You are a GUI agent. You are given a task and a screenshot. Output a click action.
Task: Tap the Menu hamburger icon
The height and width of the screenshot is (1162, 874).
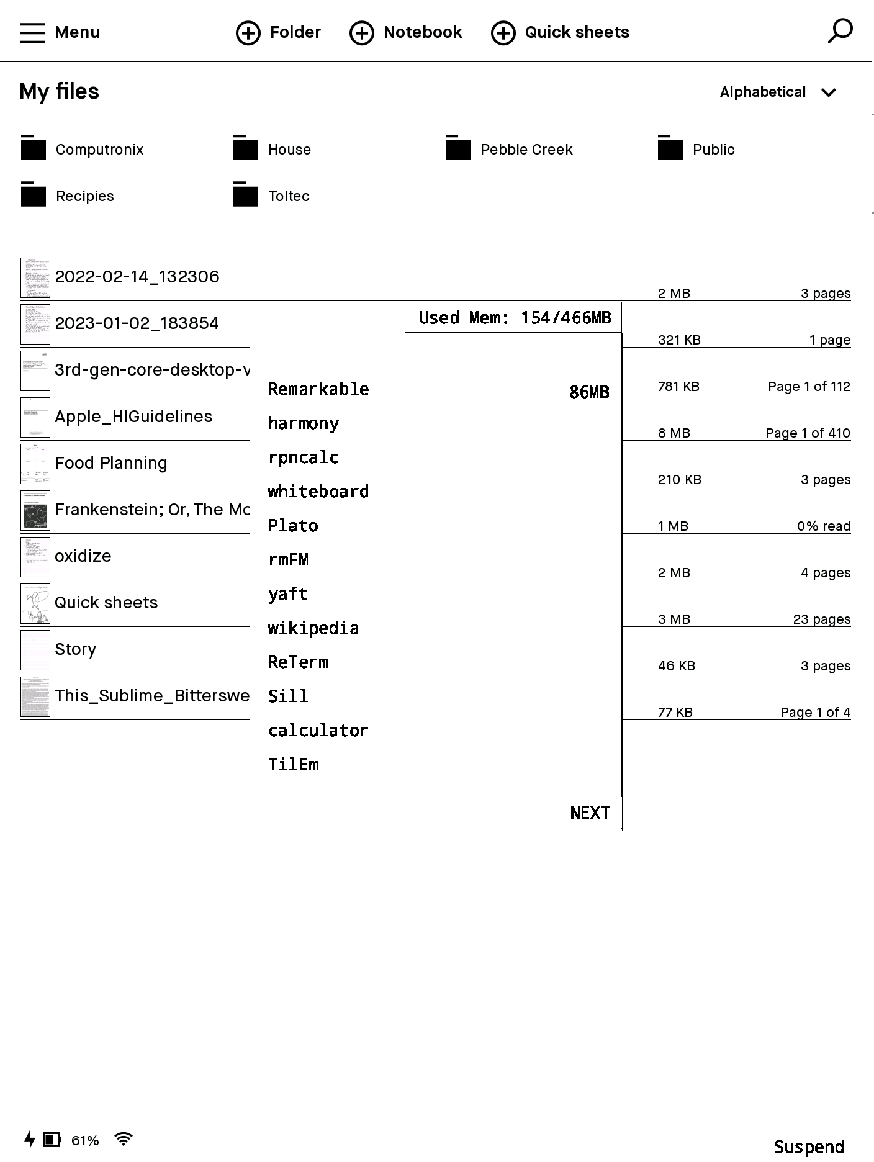click(x=33, y=33)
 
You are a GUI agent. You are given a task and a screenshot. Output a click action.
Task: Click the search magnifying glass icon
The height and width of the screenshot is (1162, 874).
click(x=840, y=31)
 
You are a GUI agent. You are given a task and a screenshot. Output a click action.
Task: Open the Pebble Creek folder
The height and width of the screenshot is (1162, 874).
click(x=526, y=150)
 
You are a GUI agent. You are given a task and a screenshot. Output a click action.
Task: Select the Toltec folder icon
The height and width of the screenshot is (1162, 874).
click(x=246, y=195)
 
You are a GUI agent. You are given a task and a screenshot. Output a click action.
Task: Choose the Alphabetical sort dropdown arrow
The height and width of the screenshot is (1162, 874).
click(x=829, y=93)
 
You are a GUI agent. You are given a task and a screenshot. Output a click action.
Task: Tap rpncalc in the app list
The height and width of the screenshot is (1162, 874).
click(x=304, y=458)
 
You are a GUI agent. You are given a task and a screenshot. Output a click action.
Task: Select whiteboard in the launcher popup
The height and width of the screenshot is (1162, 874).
click(x=318, y=492)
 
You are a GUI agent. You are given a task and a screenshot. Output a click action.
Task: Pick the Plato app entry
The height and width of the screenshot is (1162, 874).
click(x=293, y=526)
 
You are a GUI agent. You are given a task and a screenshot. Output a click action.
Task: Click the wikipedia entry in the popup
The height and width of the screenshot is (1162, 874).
click(x=313, y=629)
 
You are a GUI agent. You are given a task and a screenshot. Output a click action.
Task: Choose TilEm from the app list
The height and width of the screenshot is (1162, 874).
click(x=294, y=765)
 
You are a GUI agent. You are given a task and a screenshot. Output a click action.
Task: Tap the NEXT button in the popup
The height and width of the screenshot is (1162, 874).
click(x=590, y=813)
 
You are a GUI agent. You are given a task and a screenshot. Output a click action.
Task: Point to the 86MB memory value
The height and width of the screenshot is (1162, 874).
click(x=589, y=392)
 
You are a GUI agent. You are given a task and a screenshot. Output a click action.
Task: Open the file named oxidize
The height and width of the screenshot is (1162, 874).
click(x=83, y=556)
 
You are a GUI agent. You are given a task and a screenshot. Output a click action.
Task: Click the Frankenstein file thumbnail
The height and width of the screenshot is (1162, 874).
click(x=35, y=511)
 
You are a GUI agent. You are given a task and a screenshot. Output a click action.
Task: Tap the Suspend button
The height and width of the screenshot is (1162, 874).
click(x=809, y=1147)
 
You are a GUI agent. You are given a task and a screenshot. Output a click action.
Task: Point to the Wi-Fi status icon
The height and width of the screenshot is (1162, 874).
click(x=124, y=1140)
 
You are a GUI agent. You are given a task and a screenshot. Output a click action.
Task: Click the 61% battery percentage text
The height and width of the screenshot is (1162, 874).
click(x=85, y=1141)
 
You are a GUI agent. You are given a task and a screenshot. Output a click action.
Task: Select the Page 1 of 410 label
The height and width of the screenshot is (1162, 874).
click(x=808, y=433)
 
